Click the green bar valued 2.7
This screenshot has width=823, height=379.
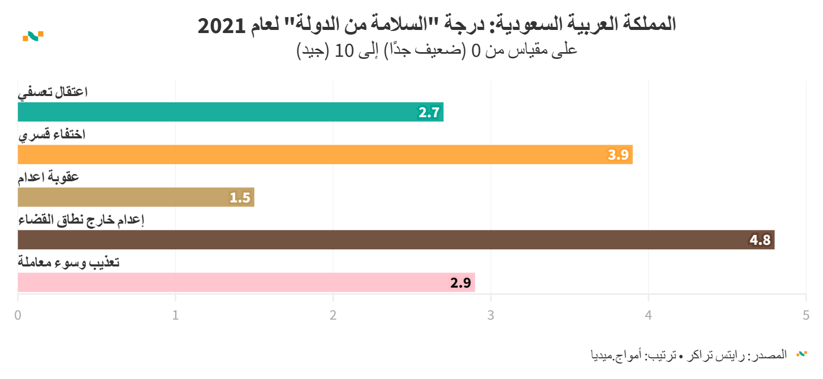231,112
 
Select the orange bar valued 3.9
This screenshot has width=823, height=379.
325,154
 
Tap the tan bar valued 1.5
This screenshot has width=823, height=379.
136,197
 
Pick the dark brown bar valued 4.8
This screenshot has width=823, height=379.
396,240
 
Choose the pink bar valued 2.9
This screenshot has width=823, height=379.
246,282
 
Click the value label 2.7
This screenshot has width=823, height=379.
429,113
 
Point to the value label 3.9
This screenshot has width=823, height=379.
618,155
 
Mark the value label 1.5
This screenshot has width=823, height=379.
240,198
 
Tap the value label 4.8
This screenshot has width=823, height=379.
760,240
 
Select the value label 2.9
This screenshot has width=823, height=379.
461,283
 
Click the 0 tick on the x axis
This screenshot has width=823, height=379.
18,315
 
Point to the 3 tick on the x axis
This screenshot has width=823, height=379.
491,315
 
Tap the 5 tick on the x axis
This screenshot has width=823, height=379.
806,315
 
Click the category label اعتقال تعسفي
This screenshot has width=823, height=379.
53,92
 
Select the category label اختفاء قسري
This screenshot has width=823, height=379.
52,135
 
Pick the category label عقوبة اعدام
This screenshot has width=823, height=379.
49,178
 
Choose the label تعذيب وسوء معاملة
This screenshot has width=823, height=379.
69,262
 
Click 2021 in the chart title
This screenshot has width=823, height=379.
221,25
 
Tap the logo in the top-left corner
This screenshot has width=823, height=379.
33,36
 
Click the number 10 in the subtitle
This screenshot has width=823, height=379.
344,51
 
